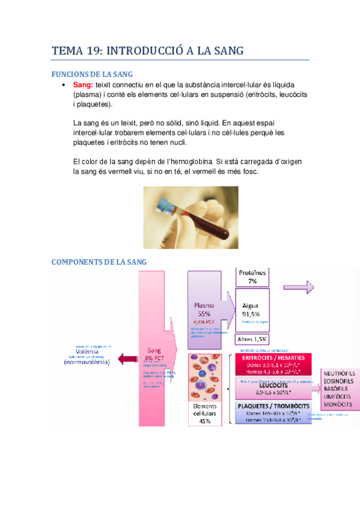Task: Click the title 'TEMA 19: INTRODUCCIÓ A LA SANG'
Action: coord(148,51)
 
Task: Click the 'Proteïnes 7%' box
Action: coord(252,277)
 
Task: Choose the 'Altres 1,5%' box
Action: coord(251,339)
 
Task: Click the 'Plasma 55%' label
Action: coord(204,309)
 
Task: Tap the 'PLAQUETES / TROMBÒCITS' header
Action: coord(272,406)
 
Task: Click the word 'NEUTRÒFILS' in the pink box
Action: coord(340,373)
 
